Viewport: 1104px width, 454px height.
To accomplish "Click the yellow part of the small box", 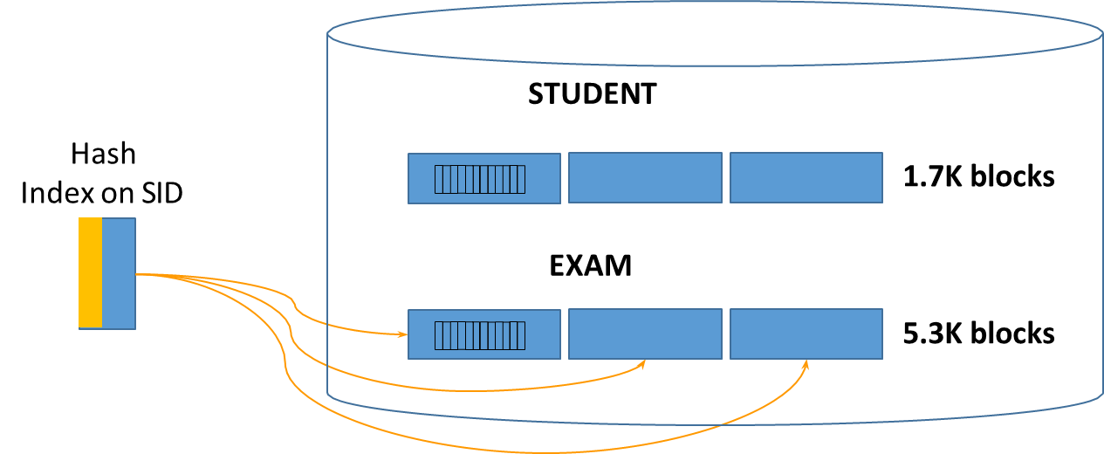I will click(90, 273).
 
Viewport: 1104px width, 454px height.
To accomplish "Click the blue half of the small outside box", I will click(119, 273).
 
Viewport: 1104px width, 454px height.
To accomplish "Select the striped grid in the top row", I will click(480, 179).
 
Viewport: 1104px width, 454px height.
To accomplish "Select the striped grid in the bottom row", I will click(480, 335).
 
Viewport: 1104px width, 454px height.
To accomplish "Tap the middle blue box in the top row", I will click(645, 177).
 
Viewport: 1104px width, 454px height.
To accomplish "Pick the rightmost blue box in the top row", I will click(806, 177).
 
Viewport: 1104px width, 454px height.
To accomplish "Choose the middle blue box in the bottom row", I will click(645, 334).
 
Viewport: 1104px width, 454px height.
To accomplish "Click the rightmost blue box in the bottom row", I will click(806, 334).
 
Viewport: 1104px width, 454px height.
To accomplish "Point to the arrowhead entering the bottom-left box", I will click(404, 334).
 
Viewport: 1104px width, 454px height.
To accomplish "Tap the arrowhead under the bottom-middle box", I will click(642, 363).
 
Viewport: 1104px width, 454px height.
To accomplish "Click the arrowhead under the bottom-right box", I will click(806, 364).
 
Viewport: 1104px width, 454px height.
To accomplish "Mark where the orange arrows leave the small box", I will click(137, 274).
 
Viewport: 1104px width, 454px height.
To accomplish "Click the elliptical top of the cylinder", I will click(715, 33).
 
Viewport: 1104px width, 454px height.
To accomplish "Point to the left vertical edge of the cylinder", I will click(327, 218).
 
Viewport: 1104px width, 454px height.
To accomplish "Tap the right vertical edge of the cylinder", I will click(1102, 218).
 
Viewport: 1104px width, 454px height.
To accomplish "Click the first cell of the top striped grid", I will click(439, 179).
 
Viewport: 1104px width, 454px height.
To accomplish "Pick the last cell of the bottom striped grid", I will click(521, 335).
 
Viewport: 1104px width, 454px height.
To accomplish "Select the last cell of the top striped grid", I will click(521, 179).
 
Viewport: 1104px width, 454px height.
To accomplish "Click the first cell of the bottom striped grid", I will click(439, 335).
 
